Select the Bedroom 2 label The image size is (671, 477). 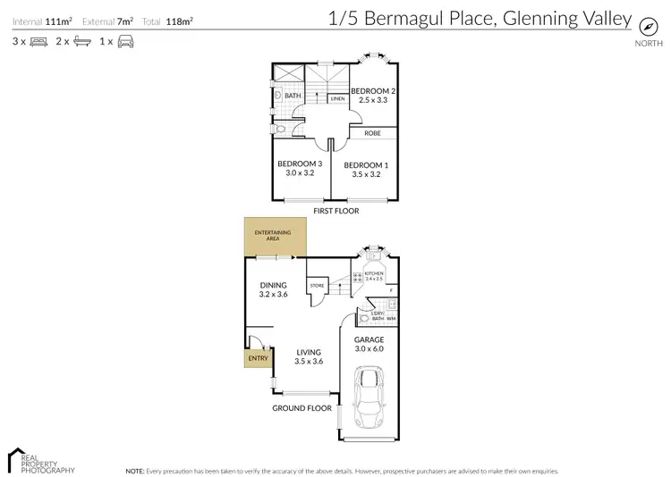click(373, 92)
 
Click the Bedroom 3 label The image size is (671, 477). click(300, 163)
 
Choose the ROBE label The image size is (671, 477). click(372, 133)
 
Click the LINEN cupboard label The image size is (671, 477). click(337, 99)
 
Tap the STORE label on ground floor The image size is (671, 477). click(317, 286)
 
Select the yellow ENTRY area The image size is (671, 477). click(257, 357)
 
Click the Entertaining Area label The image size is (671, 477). click(274, 237)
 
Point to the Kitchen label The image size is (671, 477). click(374, 273)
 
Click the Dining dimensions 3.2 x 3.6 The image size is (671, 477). click(273, 294)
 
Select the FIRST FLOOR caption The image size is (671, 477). click(335, 212)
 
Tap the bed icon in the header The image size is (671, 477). click(38, 41)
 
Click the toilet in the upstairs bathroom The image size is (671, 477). click(281, 129)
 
